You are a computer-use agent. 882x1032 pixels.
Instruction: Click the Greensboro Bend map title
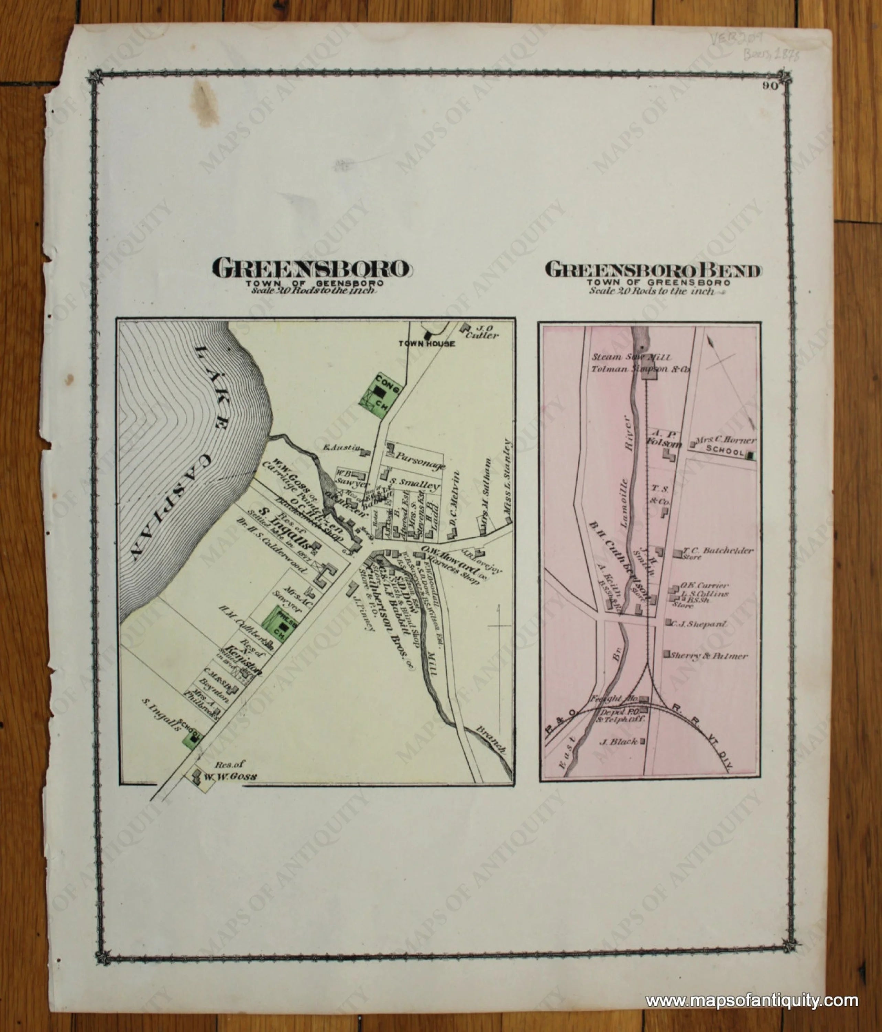(x=653, y=270)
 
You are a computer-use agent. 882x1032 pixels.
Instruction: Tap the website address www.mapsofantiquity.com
(x=752, y=986)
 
